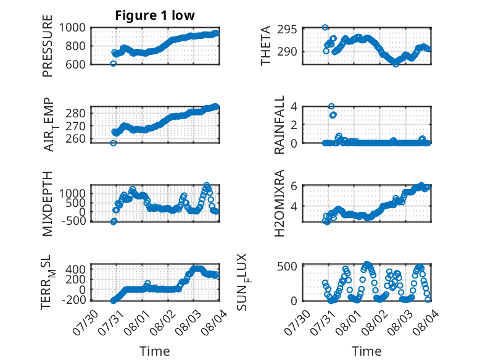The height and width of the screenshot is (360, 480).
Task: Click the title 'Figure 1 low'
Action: [155, 15]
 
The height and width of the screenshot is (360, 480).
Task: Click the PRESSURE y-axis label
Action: [48, 46]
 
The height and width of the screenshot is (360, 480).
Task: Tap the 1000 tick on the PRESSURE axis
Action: [72, 28]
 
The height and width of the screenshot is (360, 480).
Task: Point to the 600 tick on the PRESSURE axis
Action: [75, 64]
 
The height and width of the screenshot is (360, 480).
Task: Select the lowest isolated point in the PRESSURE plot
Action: [114, 64]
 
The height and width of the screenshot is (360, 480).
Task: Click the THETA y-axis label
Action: [266, 46]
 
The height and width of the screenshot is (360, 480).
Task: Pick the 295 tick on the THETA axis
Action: [287, 30]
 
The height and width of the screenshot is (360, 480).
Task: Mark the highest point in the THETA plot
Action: [325, 28]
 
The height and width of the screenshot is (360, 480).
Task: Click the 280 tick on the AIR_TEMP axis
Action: [76, 113]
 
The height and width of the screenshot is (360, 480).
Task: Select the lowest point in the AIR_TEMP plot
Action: [114, 143]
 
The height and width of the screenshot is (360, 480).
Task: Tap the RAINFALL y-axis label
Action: [279, 125]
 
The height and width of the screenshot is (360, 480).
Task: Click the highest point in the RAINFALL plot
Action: [331, 106]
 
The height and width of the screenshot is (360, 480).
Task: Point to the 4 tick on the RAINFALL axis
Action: [294, 107]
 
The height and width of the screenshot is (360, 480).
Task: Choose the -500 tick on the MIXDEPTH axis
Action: [74, 220]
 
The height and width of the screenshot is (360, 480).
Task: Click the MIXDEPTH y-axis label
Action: [48, 204]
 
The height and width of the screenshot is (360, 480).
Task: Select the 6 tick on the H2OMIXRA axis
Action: [294, 186]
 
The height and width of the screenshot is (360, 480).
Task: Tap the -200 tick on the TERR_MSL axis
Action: [74, 299]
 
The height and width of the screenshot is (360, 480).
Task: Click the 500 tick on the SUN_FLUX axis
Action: [287, 266]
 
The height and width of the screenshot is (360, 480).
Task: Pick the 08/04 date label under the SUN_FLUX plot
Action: [426, 322]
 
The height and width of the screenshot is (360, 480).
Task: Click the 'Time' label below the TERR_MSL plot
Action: [155, 351]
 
